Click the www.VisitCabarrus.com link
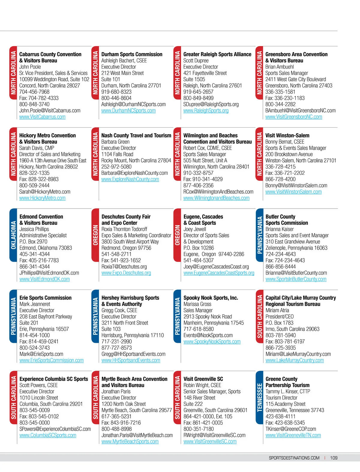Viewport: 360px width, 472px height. click(x=42, y=117)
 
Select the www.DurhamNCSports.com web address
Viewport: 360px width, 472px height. click(x=128, y=111)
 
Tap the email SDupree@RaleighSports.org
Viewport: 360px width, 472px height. click(x=211, y=104)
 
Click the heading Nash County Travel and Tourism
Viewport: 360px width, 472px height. click(x=136, y=135)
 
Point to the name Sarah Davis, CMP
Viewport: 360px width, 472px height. click(x=37, y=148)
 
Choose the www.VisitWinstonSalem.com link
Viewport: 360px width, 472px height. click(x=293, y=192)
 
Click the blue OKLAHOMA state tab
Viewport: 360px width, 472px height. click(x=13, y=235)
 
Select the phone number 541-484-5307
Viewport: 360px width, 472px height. click(x=199, y=260)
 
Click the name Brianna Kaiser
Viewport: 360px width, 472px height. click(x=280, y=229)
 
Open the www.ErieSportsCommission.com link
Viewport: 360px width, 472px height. click(x=52, y=360)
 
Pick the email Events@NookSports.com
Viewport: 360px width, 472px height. click(x=208, y=335)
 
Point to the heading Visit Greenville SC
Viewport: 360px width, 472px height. click(x=203, y=379)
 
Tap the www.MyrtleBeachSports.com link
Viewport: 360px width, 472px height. click(x=130, y=441)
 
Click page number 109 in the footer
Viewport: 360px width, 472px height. click(x=334, y=458)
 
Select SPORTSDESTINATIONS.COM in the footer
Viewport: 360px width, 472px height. click(x=294, y=458)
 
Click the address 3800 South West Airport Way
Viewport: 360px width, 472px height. click(x=130, y=242)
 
